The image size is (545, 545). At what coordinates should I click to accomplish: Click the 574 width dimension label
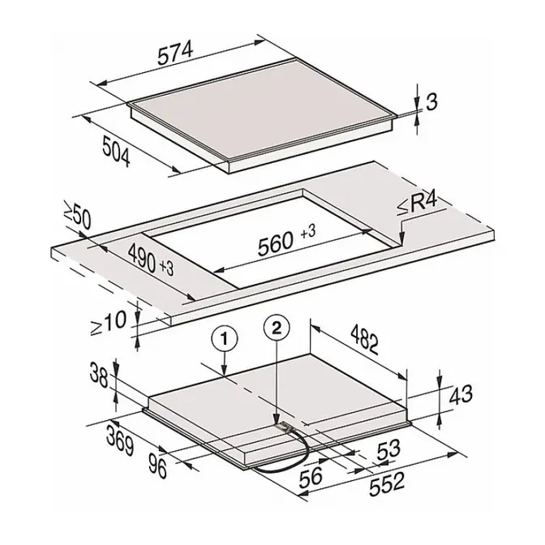coord(175,54)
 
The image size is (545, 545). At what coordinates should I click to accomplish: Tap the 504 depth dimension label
coord(117,152)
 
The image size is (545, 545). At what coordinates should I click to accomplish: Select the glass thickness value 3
coord(431,102)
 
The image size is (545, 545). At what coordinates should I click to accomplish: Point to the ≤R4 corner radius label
coord(418,205)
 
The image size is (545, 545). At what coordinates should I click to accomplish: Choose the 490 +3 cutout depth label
coord(151,260)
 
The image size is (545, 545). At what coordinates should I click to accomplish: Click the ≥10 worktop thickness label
coord(109,324)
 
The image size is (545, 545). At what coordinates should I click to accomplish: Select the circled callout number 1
coord(225,339)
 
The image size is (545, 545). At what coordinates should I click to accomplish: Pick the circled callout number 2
coord(277,328)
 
